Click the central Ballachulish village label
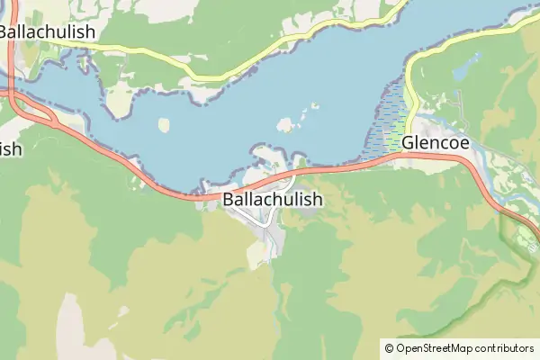271,199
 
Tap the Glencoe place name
436,142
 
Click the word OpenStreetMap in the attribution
435,347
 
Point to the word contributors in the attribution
505,347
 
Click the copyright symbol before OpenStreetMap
389,347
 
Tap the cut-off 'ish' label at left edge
10,148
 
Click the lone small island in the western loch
164,125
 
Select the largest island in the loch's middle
287,124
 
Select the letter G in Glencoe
409,142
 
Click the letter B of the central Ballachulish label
228,199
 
